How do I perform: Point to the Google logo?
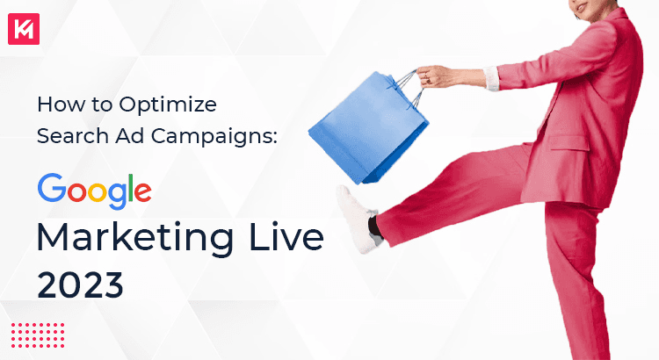coord(94,190)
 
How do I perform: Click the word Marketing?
coord(127,238)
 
